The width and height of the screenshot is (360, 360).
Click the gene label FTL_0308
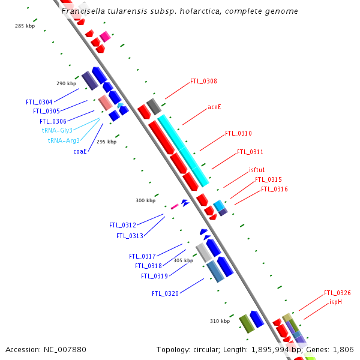click(203, 81)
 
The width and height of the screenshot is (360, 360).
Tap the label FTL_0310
click(238, 133)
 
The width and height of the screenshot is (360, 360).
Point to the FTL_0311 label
click(250, 152)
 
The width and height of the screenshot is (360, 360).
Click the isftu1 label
click(257, 170)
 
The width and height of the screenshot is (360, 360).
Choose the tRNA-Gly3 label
click(57, 130)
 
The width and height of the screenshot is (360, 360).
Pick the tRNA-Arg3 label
click(64, 140)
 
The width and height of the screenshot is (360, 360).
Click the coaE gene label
click(80, 151)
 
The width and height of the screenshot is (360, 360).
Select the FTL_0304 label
click(39, 102)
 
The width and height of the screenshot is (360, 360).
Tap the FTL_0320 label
click(165, 294)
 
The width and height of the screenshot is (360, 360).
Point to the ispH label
click(335, 302)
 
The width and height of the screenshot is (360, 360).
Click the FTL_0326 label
click(337, 293)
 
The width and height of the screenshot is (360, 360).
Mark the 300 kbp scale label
click(145, 200)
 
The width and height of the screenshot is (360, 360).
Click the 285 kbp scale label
click(25, 26)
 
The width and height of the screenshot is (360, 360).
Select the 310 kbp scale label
click(220, 321)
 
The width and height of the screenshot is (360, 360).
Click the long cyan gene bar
click(183, 149)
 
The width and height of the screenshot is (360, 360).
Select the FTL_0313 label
click(130, 236)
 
